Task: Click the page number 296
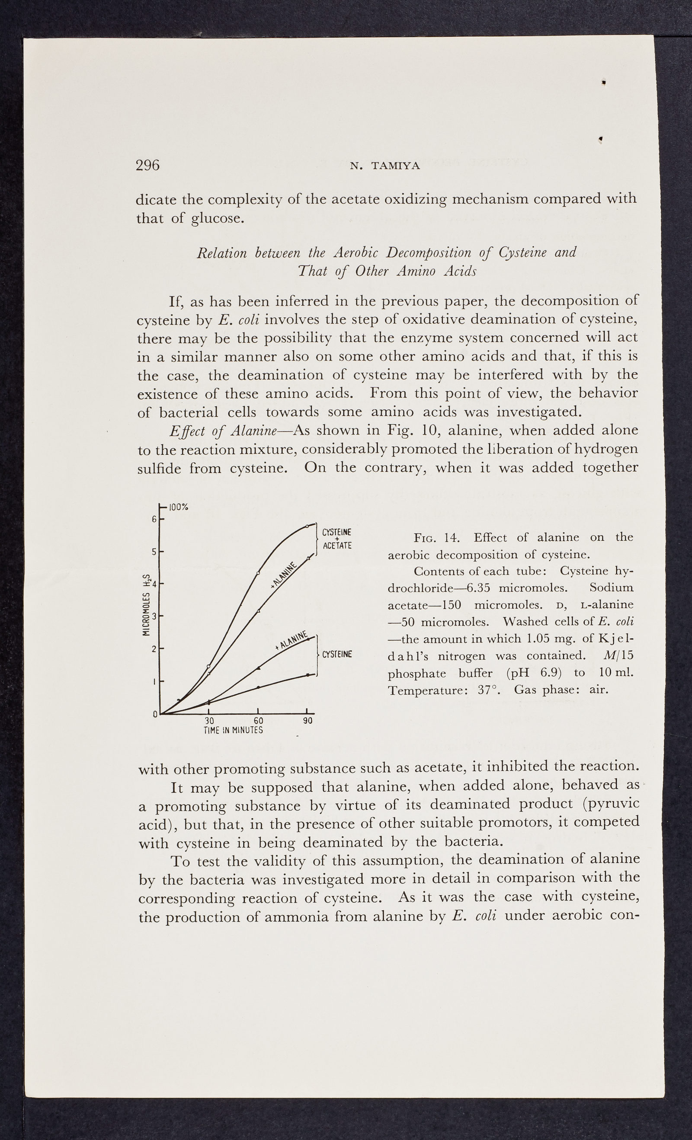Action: pos(147,165)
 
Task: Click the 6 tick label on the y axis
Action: pos(154,519)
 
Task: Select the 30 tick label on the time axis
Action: pos(209,721)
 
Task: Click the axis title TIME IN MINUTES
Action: pos(233,730)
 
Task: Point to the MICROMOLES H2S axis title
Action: pos(147,605)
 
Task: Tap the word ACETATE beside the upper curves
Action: pos(337,546)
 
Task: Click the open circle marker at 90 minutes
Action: pos(308,526)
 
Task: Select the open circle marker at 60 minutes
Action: pos(258,573)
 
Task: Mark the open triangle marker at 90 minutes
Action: pos(308,558)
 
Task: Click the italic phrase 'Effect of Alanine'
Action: pos(223,430)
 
